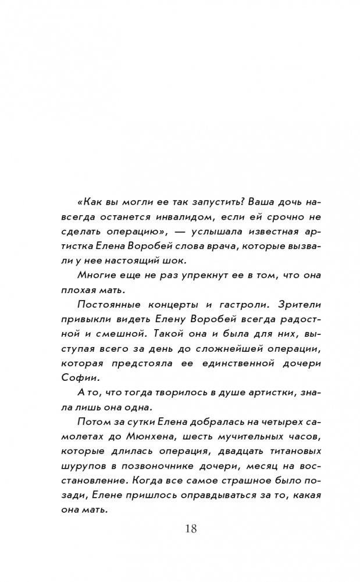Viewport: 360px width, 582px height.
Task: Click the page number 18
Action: pos(191,529)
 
